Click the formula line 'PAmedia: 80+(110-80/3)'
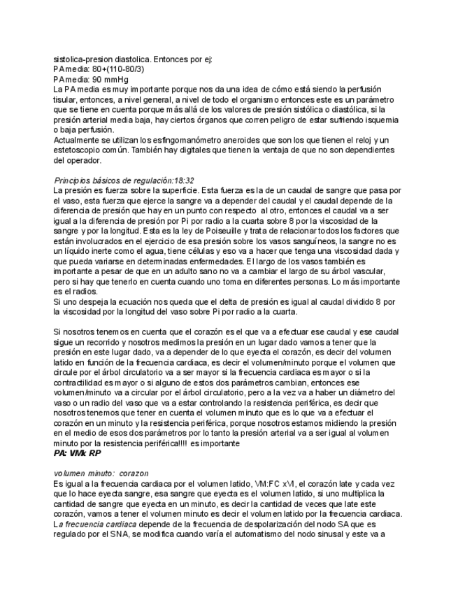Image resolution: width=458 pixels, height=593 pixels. [x=99, y=70]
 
